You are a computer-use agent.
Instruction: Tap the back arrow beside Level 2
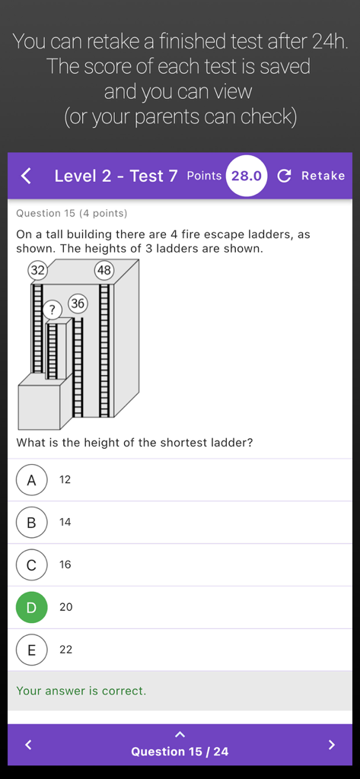pos(26,176)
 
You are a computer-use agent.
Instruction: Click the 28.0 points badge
pos(247,176)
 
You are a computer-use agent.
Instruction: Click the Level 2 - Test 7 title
pos(116,176)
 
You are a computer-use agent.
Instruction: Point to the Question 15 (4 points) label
pos(72,214)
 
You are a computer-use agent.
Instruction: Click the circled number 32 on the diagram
pos(37,270)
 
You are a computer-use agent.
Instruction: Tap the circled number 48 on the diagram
pos(104,270)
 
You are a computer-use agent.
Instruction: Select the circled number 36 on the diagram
pos(78,304)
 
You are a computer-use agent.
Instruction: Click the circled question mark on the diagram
pos(53,310)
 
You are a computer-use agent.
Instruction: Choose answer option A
pos(31,480)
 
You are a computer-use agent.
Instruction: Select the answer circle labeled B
pos(31,523)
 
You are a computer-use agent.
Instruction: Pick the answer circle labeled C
pos(31,565)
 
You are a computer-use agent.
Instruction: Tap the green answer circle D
pos(31,607)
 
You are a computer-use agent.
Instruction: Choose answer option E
pos(31,650)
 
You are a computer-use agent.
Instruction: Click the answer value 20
pos(66,607)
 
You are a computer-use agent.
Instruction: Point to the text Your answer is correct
pos(81,691)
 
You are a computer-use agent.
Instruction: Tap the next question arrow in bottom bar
pos(331,745)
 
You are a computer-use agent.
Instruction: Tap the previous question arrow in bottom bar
pos(28,745)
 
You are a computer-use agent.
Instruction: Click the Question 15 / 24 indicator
pos(180,751)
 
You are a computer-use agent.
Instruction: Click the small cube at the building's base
pos(38,407)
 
